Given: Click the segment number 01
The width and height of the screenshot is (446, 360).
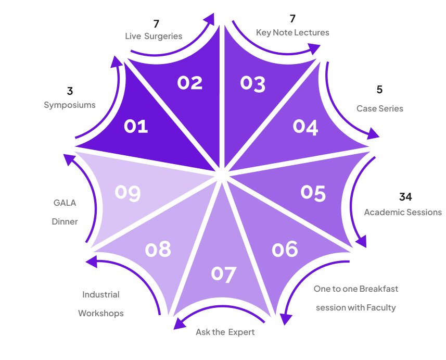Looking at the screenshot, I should click(x=136, y=126).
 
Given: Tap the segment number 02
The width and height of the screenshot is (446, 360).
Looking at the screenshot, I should click(x=189, y=82).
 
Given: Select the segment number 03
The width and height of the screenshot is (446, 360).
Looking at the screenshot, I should click(x=253, y=83).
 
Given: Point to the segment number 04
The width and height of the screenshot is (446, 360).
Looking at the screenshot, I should click(x=305, y=127).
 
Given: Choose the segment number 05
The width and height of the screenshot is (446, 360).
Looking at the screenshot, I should click(x=313, y=192).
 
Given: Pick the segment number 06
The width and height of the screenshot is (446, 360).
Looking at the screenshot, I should click(x=285, y=249).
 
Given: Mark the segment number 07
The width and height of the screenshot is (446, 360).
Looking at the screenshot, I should click(x=224, y=274).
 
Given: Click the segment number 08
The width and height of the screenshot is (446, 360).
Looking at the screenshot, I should click(x=158, y=250).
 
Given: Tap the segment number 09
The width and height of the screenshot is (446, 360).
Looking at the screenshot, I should click(x=128, y=192).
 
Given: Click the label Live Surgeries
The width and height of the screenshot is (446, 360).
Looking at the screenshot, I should click(x=154, y=36).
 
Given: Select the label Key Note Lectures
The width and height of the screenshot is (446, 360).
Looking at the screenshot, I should click(x=292, y=32).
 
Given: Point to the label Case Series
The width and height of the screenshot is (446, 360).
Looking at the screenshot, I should click(x=379, y=109).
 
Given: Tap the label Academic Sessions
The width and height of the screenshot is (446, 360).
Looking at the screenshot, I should click(x=402, y=212).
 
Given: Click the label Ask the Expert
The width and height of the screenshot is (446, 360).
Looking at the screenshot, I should click(x=225, y=332).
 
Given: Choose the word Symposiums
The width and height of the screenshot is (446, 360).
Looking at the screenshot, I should click(x=69, y=105).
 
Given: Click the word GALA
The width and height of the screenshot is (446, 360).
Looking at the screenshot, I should click(x=65, y=203).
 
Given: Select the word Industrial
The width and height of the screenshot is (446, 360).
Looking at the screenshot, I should click(x=100, y=294).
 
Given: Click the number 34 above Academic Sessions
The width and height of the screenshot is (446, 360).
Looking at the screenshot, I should click(x=405, y=197).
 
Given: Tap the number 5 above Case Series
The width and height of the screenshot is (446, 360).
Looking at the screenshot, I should click(x=379, y=90).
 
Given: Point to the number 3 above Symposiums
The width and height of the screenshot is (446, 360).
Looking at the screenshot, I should click(x=70, y=92).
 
